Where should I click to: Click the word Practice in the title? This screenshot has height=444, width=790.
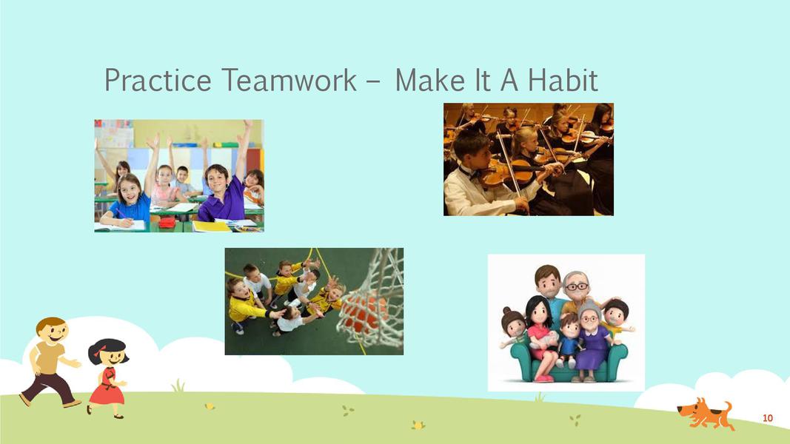(x=158, y=79)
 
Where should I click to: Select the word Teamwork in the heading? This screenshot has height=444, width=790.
(x=289, y=79)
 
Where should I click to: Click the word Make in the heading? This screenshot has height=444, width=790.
(x=429, y=79)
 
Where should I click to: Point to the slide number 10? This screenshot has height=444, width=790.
(x=767, y=418)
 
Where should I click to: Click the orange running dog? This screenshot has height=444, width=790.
(x=706, y=414)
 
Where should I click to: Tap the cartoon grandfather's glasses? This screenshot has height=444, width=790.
(x=576, y=287)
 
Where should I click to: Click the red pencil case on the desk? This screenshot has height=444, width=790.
(x=167, y=223)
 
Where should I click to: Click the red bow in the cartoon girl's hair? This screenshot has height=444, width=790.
(x=99, y=350)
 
